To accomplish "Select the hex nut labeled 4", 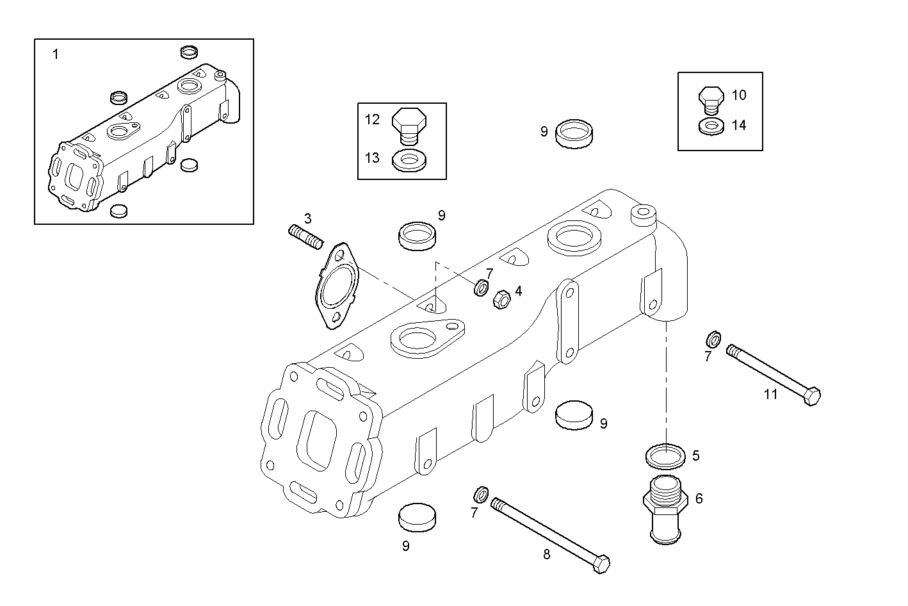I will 501,299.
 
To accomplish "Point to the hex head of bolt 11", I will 811,397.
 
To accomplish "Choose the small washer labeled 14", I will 710,126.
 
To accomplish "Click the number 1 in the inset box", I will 55,54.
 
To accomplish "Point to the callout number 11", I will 770,395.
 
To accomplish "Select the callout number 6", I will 699,498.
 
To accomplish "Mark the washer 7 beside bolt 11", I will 713,338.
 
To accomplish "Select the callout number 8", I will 546,555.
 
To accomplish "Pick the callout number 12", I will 372,119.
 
